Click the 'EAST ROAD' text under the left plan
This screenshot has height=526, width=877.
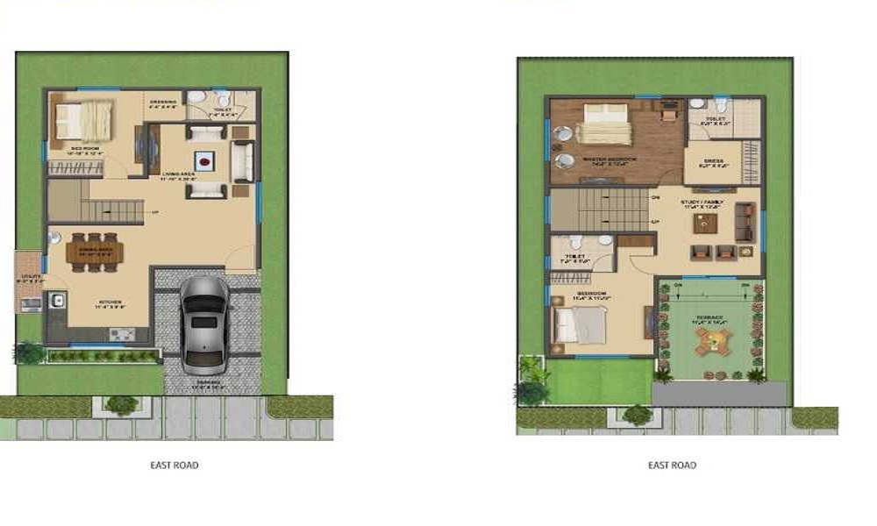point(175,465)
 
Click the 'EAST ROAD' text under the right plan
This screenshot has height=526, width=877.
point(672,465)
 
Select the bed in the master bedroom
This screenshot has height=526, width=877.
point(604,124)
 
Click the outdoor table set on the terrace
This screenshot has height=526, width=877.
point(710,344)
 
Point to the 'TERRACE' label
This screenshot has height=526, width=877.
point(709,317)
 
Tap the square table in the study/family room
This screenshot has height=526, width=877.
point(704,223)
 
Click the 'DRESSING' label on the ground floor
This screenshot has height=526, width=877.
point(163,102)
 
